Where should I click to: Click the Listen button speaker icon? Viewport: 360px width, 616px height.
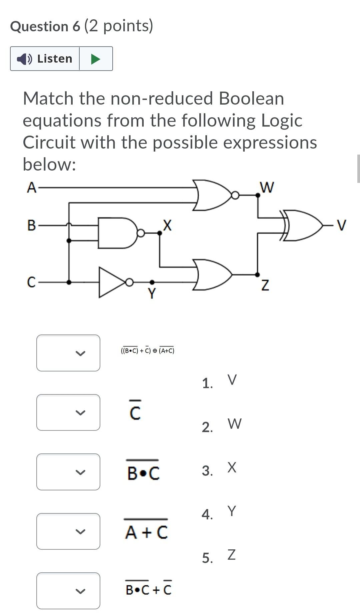(x=24, y=59)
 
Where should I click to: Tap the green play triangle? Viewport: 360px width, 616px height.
(x=95, y=59)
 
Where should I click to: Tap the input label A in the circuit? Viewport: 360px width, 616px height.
(x=31, y=188)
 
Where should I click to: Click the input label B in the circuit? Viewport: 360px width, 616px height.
(x=31, y=225)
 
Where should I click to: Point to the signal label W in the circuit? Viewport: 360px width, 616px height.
(x=267, y=187)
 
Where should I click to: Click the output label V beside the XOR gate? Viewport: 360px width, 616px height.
(x=342, y=225)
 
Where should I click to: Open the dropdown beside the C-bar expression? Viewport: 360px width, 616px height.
(x=68, y=412)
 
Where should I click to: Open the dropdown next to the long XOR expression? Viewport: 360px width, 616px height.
(x=68, y=353)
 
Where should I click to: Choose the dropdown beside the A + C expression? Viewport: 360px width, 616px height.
(x=68, y=531)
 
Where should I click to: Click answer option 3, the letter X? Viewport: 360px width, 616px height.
(x=232, y=467)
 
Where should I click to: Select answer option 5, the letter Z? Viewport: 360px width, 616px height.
(x=231, y=555)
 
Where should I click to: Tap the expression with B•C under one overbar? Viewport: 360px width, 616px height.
(x=143, y=472)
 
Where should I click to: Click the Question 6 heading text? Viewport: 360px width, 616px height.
(x=45, y=27)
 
